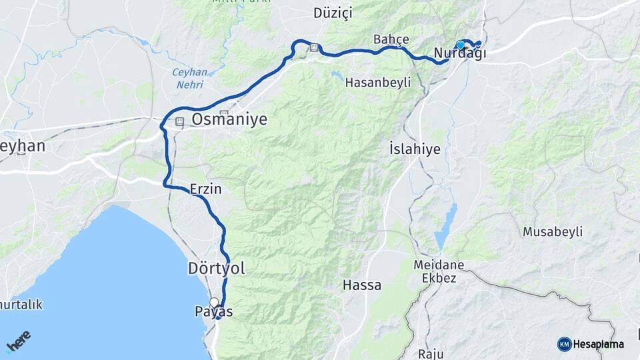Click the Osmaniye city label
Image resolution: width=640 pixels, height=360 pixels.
pos(229,119)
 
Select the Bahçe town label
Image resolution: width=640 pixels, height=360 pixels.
pos(391,39)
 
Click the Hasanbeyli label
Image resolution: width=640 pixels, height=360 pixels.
pos(378,82)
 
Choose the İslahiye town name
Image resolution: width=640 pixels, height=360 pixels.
pos(415,149)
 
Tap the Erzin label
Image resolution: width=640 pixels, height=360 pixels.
pos(205,189)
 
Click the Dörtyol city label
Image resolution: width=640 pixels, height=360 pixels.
pos(215,269)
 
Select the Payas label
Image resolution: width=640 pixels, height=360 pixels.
pos(214,311)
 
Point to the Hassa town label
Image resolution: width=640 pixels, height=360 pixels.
pos(362,285)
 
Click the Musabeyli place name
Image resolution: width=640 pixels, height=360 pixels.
pos(553,232)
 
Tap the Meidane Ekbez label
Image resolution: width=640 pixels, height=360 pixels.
pos(439,271)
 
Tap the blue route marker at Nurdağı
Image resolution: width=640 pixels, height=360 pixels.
pos(460,45)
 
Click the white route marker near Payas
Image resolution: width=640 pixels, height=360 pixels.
pos(214,302)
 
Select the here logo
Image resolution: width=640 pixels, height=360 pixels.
pos(18,341)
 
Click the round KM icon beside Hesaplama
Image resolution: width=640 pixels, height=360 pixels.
pos(564,344)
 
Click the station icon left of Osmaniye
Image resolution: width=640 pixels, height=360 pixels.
pos(179,123)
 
